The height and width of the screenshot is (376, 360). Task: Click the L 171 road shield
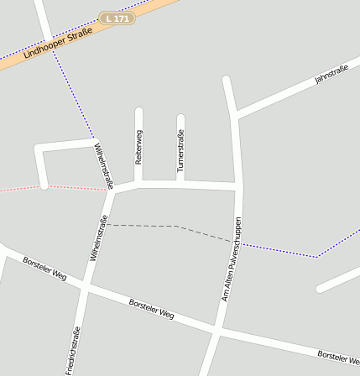[117, 18]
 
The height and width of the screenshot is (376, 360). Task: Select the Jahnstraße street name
[331, 75]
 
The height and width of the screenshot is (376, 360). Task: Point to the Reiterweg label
[139, 146]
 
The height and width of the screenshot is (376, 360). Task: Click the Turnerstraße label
[180, 152]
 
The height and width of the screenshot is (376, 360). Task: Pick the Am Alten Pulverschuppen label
[231, 260]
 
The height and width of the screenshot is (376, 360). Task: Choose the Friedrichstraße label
[73, 351]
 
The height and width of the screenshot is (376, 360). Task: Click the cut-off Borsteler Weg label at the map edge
[339, 358]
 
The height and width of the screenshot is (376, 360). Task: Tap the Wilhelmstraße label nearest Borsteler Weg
[98, 239]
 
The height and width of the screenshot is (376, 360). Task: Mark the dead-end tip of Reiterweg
[139, 111]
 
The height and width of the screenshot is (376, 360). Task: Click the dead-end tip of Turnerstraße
[180, 117]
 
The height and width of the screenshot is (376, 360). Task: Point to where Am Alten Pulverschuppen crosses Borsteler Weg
[217, 330]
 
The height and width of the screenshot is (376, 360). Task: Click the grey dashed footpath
[168, 226]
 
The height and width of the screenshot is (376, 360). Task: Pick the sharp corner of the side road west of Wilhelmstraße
[38, 149]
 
